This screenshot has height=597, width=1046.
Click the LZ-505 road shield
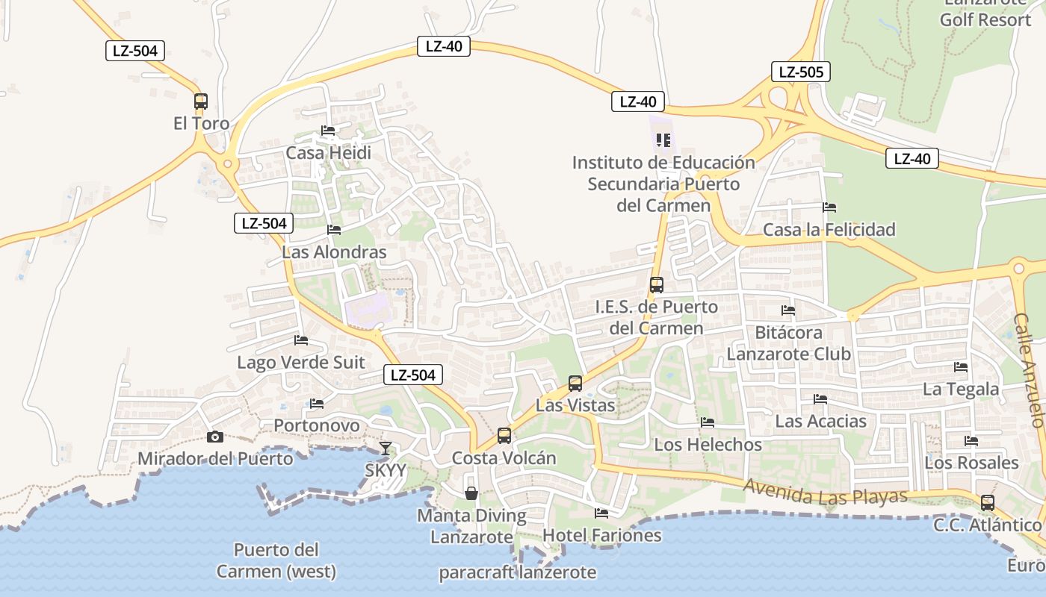click(800, 72)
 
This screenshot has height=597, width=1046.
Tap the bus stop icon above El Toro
click(201, 101)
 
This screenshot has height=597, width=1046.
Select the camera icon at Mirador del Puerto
click(215, 437)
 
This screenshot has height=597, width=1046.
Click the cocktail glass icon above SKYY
click(385, 448)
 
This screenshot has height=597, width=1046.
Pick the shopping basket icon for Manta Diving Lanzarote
click(471, 493)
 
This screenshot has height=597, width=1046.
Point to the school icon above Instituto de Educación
click(663, 140)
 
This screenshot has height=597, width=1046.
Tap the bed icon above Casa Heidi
click(328, 131)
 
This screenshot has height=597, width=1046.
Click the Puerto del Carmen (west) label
click(276, 561)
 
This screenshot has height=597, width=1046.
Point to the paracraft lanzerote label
click(518, 573)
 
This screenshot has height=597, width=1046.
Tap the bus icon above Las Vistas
click(575, 384)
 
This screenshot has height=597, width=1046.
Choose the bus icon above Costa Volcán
click(504, 436)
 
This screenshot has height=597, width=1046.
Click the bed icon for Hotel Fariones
click(601, 513)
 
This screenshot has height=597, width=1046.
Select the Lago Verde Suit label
click(301, 363)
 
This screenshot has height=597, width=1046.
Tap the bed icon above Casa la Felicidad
click(829, 207)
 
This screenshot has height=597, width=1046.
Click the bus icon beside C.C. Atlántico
click(988, 503)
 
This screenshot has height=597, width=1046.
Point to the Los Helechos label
click(708, 445)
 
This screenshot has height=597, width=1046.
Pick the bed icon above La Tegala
click(961, 366)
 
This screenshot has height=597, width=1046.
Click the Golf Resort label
click(985, 19)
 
